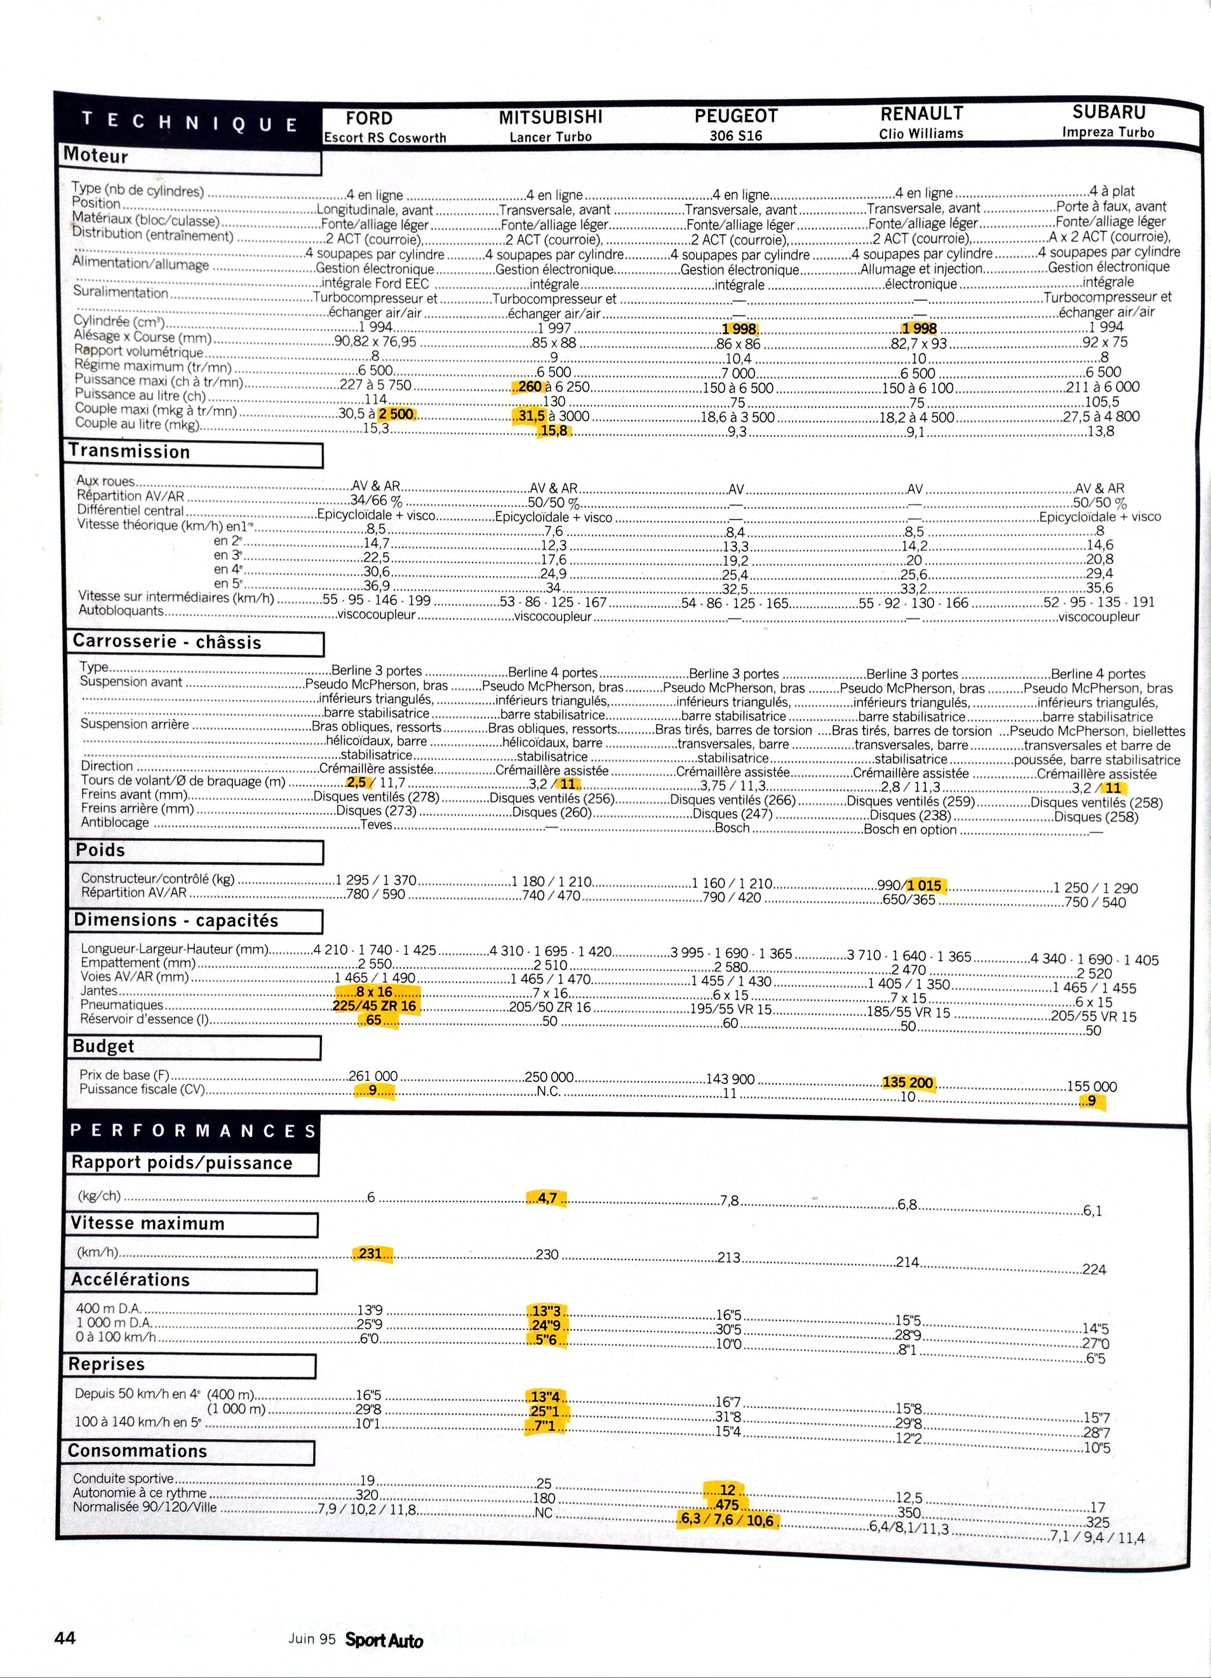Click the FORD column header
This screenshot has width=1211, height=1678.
pos(368,118)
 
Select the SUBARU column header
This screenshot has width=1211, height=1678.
pos(1108,112)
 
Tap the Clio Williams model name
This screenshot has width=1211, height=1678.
pos(921,134)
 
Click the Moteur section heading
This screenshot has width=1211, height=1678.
pos(96,156)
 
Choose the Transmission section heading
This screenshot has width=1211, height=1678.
pos(130,452)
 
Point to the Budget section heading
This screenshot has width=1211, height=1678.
pos(104,1046)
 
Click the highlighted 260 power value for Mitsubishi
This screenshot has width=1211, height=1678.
pos(530,386)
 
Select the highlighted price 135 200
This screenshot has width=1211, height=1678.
pos(909,1082)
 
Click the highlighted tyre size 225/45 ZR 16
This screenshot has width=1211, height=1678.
pos(375,1006)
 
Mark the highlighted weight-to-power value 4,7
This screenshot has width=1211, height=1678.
pos(547,1198)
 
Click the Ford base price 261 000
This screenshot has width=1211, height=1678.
pos(373,1076)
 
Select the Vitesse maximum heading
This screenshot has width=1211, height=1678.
pos(147,1224)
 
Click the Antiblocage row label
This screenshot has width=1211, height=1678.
pos(115,822)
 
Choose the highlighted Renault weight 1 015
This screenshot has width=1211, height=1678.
pos(924,885)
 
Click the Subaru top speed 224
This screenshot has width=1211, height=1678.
pos(1094,1270)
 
